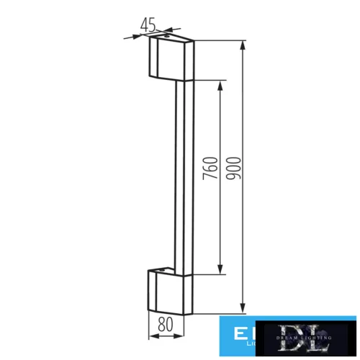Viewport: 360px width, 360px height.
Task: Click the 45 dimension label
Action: coord(148,24)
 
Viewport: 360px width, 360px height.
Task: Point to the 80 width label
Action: coord(165,325)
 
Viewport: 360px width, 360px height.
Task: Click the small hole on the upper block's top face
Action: coord(167,35)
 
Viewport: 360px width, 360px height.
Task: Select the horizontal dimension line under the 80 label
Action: coord(165,336)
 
